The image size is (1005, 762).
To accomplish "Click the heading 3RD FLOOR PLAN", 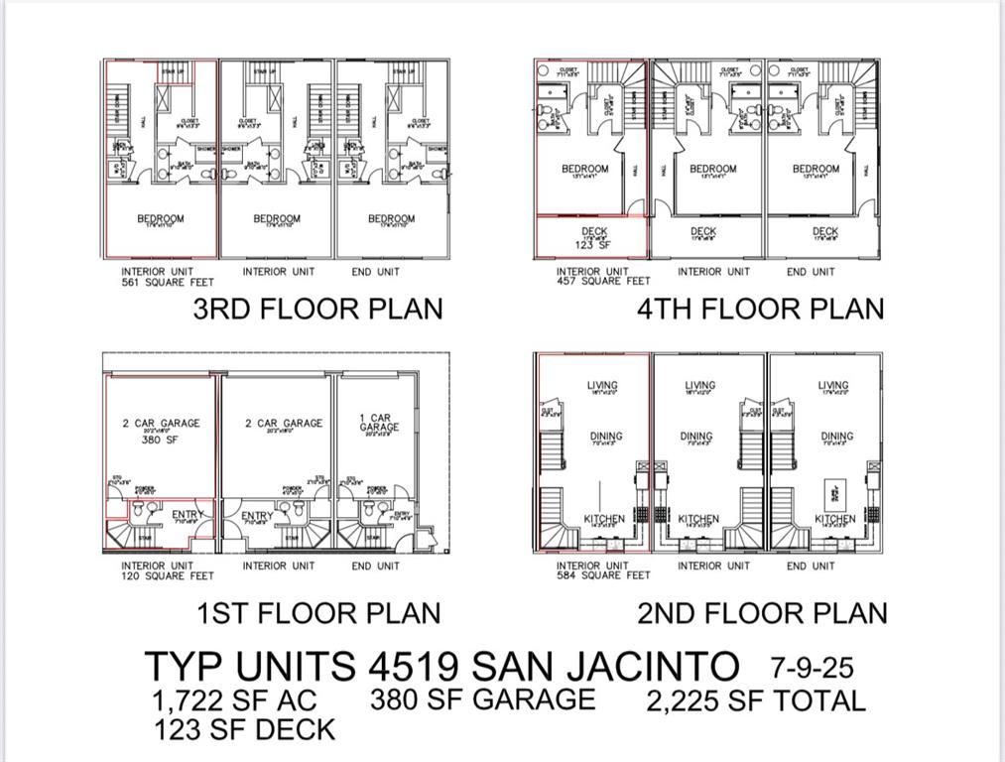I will [317, 309].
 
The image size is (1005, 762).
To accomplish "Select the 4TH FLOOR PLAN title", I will [760, 309].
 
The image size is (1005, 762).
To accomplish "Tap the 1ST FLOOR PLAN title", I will [318, 613].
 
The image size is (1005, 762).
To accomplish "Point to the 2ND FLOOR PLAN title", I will [762, 613].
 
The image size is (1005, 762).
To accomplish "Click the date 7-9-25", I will [812, 665].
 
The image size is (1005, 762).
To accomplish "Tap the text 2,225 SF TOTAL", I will [756, 701].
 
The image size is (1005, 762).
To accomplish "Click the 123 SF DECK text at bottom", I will [244, 731].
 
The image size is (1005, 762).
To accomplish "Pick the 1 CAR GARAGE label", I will [379, 423].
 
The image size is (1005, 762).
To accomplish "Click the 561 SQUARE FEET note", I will [168, 282].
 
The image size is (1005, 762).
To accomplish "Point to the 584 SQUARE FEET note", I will [603, 575].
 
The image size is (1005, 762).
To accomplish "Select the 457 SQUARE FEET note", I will [603, 282].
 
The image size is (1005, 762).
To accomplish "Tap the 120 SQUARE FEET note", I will [168, 575].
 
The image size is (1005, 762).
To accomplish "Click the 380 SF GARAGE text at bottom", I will [483, 699].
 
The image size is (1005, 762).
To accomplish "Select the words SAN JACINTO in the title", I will [607, 665].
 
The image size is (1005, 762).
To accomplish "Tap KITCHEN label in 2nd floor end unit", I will [834, 519].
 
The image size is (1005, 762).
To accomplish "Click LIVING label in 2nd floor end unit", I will [833, 386].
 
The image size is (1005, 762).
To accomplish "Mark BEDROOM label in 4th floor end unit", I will [816, 170].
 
